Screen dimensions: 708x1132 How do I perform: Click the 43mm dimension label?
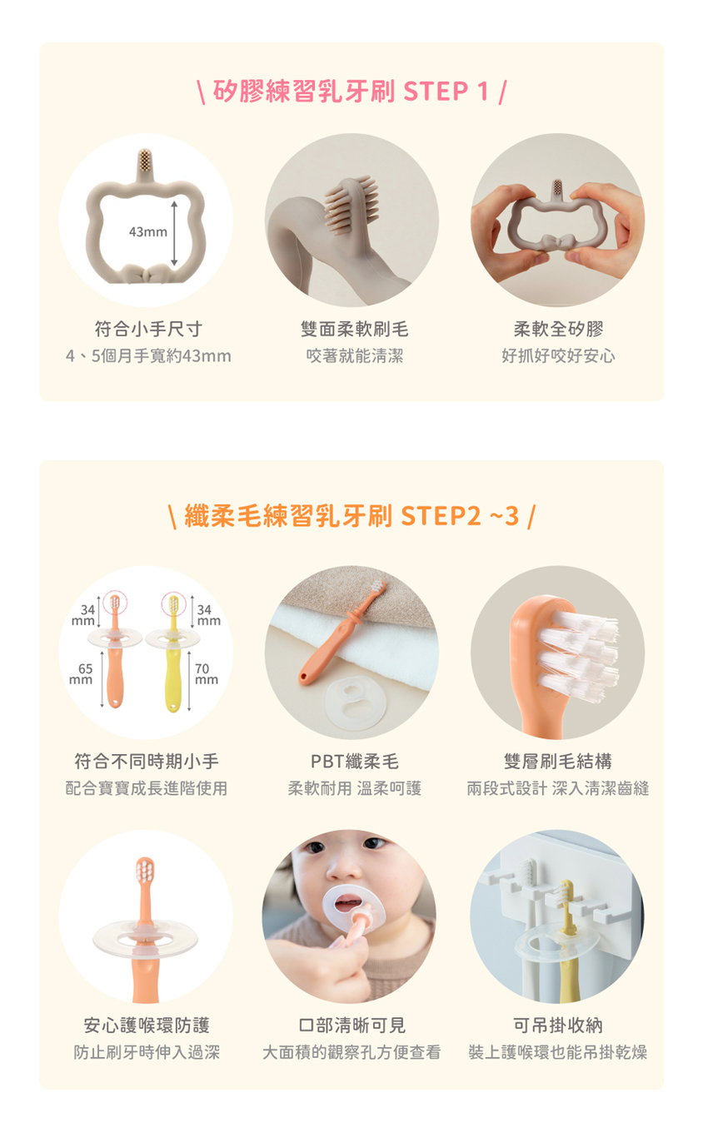[x=148, y=232]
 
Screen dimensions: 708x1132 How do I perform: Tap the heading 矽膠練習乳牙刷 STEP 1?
[x=351, y=92]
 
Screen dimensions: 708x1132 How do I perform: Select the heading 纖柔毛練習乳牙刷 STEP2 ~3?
[x=352, y=516]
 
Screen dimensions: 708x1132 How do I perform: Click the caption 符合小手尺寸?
[x=148, y=329]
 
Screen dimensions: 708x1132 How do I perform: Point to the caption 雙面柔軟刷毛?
[x=354, y=329]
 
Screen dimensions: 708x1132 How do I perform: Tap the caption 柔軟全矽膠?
[x=558, y=329]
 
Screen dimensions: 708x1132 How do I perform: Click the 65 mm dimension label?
[x=82, y=674]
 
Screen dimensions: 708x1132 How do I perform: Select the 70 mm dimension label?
[x=207, y=674]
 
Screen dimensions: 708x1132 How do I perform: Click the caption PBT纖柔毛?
[x=355, y=761]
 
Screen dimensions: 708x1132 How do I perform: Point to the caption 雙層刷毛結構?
[x=558, y=761]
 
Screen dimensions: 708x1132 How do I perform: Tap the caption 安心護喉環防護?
[x=147, y=1025]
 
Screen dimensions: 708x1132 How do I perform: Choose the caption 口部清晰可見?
[x=352, y=1025]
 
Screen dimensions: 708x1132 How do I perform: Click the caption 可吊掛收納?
[x=558, y=1025]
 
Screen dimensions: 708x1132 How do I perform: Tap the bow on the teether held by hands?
[x=558, y=242]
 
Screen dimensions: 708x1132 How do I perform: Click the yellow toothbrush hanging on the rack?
[x=568, y=941]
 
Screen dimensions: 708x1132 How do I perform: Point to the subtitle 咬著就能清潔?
[x=355, y=356]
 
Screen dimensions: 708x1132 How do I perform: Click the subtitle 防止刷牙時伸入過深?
[x=147, y=1052]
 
